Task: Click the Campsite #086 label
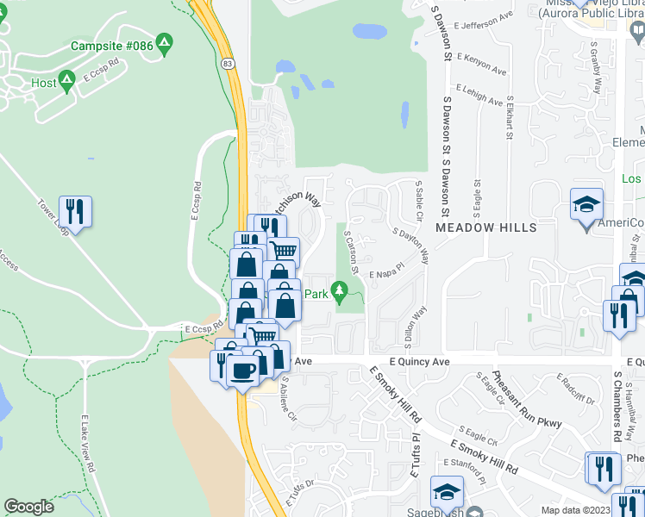coord(112,45)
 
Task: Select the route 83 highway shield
coord(227,65)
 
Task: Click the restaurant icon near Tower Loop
coord(75,210)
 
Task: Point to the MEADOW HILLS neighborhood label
coord(486,227)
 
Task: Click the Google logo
coord(28,507)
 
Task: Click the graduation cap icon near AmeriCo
coord(586,205)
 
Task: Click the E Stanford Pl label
coord(465,463)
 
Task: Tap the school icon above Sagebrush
coord(447,493)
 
